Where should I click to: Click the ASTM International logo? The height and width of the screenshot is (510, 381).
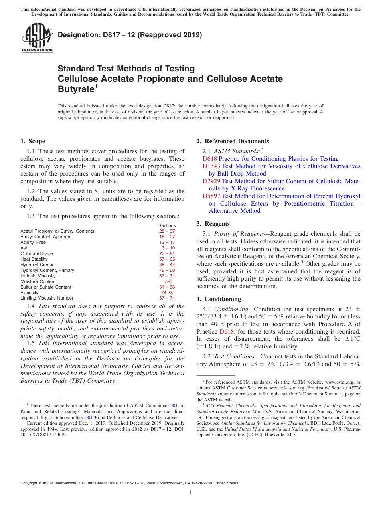[x=37, y=38]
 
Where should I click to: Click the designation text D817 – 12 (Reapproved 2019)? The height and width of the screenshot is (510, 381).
[x=130, y=35]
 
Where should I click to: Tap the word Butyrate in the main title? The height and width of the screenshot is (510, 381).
[x=76, y=89]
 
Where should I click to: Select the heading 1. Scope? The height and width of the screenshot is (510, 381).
[x=32, y=141]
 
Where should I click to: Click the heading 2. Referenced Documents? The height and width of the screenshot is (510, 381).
[x=233, y=141]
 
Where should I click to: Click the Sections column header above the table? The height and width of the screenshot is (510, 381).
[x=167, y=225]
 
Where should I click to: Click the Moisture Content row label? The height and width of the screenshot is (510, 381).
[x=38, y=281]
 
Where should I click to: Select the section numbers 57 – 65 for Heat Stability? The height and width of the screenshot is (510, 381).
[x=167, y=259]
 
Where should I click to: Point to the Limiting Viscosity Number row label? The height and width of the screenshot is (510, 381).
[x=47, y=298]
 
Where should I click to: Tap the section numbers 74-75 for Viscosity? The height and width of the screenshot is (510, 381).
[x=167, y=293]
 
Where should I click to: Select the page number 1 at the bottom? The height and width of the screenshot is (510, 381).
[x=190, y=493]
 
